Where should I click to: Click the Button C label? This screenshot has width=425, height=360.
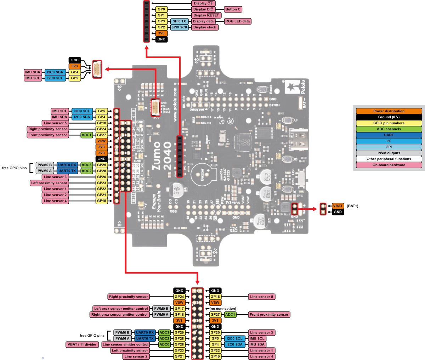coord(233,9)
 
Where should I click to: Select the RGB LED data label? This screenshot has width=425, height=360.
coord(238,21)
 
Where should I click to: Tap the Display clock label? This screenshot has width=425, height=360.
coord(204,27)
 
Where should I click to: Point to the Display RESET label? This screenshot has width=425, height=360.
coord(206,15)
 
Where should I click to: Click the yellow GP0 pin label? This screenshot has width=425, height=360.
coord(161,9)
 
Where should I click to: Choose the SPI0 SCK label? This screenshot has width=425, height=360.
coord(179,27)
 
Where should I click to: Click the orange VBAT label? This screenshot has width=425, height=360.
coord(338,206)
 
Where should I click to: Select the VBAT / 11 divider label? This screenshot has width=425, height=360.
coord(82,344)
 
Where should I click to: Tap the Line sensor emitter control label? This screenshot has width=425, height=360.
coord(126,344)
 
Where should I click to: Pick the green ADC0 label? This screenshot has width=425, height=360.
coord(164,344)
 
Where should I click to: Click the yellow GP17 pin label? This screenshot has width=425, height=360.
coord(179,309)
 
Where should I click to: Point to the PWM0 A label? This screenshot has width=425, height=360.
coord(161,315)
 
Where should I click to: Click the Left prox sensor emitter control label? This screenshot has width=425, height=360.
coord(121,309)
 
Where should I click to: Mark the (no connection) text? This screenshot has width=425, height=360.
coord(223,309)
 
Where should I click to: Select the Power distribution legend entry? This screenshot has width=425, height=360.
coord(389,111)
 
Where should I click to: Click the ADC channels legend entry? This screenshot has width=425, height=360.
coord(389,129)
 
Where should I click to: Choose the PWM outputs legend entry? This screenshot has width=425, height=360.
coord(389,153)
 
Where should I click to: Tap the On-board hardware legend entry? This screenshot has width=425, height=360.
coord(389,165)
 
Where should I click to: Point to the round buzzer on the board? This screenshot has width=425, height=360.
coord(202,174)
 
